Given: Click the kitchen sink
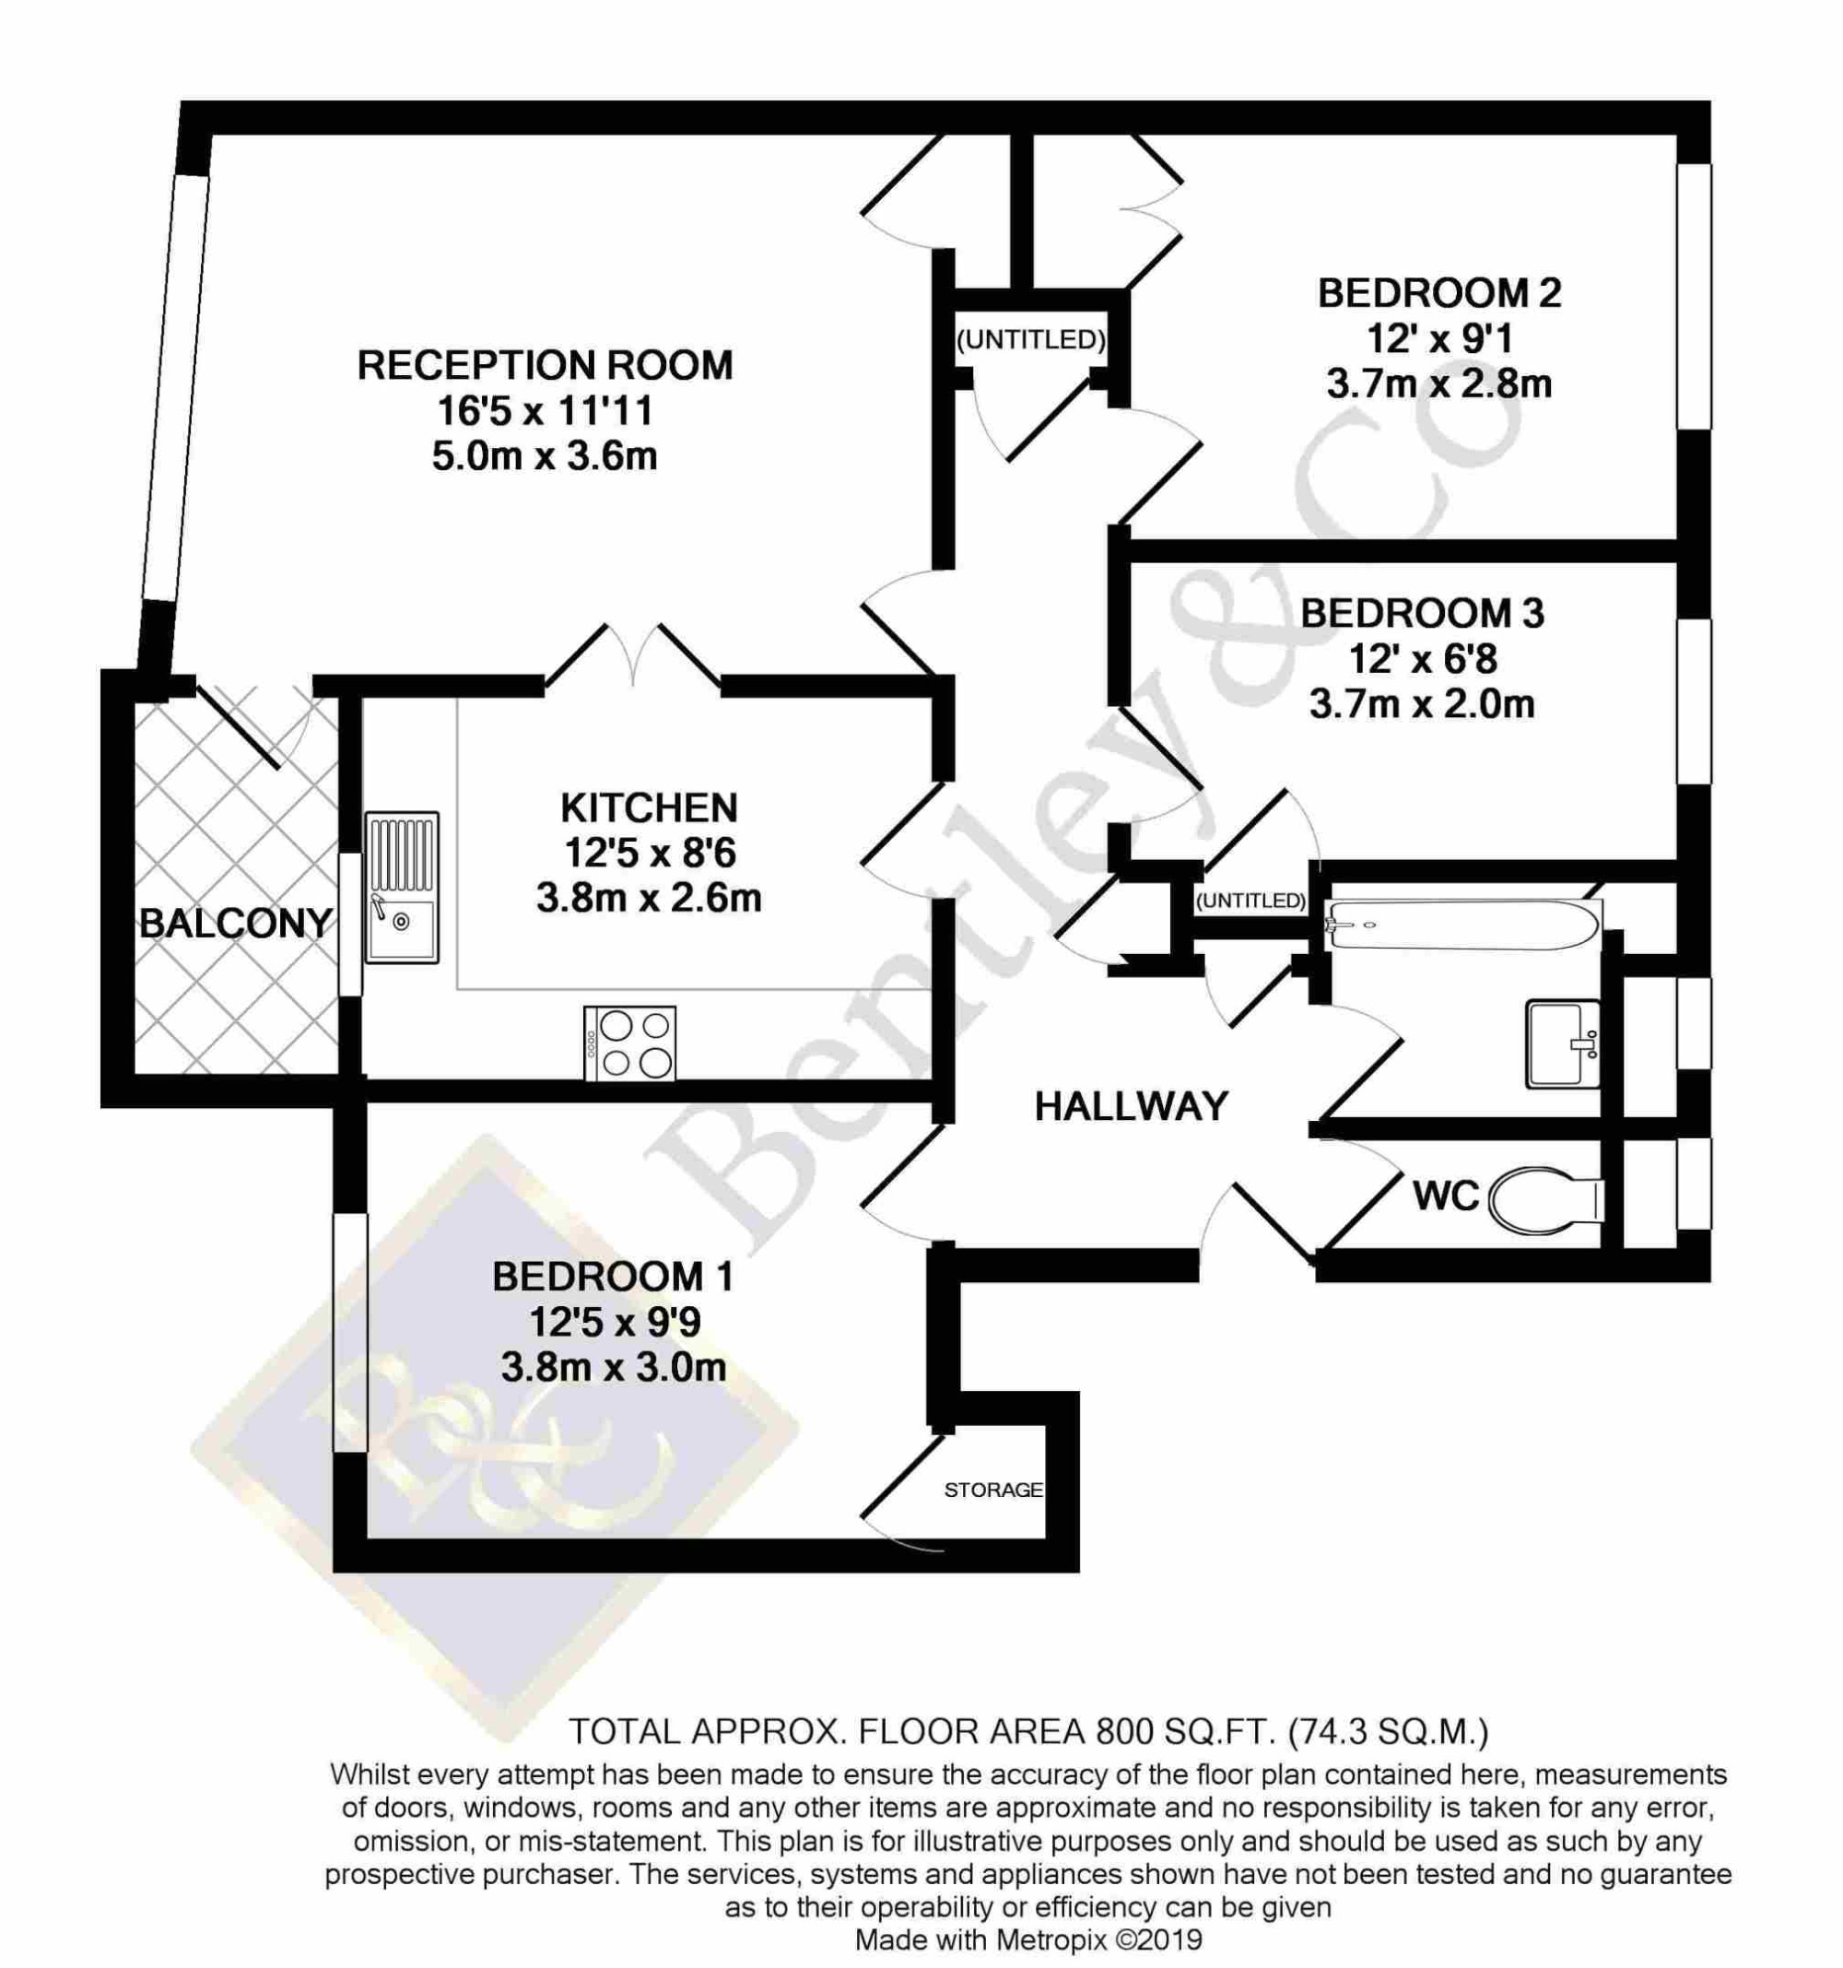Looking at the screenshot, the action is (x=402, y=887).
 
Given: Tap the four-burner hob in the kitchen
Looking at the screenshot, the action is (x=630, y=1043).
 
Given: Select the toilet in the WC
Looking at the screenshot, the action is (x=1545, y=1200).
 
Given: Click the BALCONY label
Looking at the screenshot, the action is (x=236, y=924).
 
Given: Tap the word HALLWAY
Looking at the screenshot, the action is (x=1131, y=1106).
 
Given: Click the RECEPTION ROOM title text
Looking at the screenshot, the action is (x=545, y=365).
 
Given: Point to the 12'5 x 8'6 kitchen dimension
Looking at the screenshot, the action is (x=650, y=854).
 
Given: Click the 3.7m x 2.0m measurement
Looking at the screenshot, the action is (x=1421, y=705).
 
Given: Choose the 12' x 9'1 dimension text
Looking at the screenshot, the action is (x=1439, y=339).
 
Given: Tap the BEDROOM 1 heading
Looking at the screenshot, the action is (x=613, y=1277).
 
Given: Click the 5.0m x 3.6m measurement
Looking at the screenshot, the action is (x=545, y=456).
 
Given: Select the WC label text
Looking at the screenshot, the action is (x=1445, y=1196).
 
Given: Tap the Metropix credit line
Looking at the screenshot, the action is (x=1027, y=1939).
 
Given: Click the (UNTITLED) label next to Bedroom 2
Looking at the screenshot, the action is (x=1030, y=339).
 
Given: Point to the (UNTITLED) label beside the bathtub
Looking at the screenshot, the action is (x=1251, y=901).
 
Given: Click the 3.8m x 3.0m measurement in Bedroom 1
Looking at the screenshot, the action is (x=613, y=1368).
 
